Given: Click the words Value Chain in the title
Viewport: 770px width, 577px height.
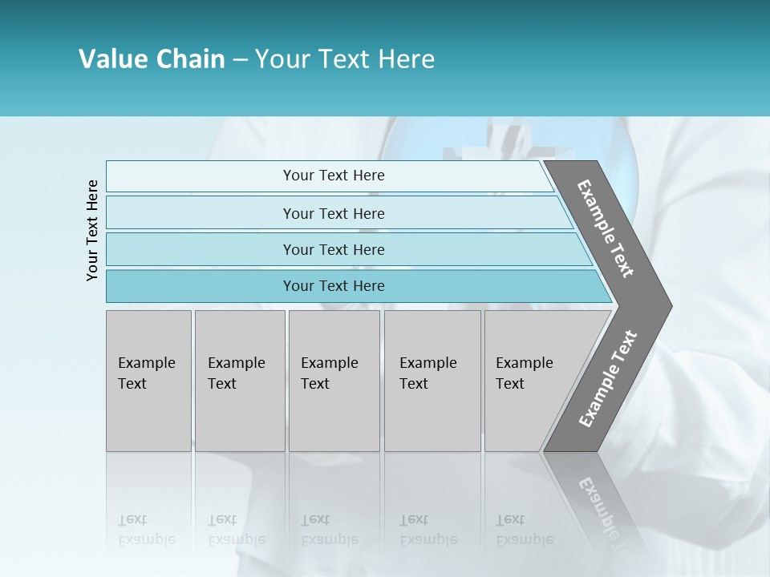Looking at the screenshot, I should point(152,59).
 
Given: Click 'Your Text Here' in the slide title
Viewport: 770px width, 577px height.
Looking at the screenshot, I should point(345,59).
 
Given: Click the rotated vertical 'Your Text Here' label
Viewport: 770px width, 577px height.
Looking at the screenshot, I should point(92,230).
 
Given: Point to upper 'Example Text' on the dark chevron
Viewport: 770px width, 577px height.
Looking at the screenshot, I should point(606,229).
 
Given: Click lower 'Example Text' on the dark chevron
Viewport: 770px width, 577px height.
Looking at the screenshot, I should point(607,379).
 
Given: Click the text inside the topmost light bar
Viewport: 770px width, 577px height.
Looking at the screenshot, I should point(334,176).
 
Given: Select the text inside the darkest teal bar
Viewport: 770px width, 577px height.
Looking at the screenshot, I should point(334,286).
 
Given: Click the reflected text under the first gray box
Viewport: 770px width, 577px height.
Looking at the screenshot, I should point(146,530).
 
